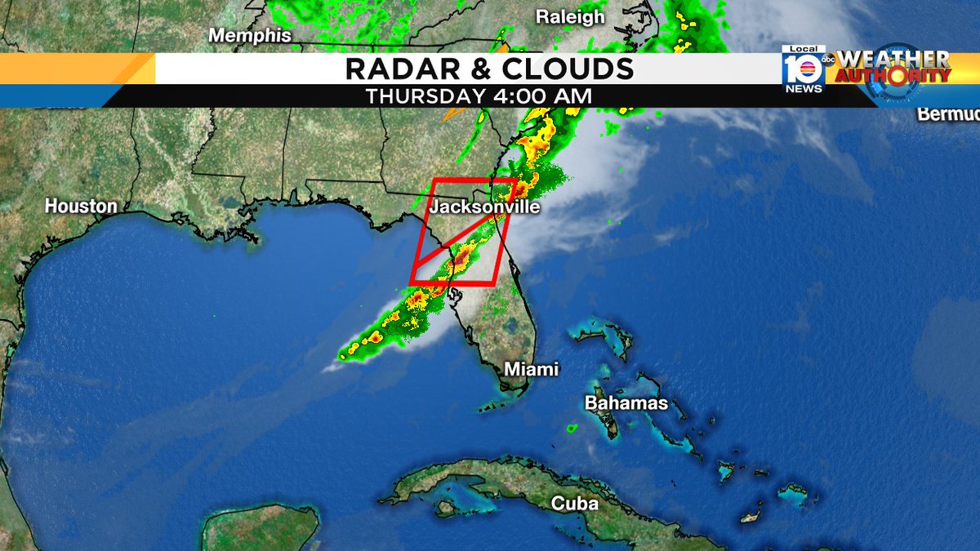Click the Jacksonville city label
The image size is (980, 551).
tap(485, 207)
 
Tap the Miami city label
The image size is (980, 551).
tap(531, 369)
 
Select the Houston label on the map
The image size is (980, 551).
tap(81, 207)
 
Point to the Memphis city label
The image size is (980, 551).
tap(250, 36)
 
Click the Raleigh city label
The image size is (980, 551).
tap(570, 17)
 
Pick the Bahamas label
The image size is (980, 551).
tap(626, 403)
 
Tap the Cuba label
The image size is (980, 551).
tap(575, 503)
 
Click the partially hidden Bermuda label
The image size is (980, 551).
tap(947, 114)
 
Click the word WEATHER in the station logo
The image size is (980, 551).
tap(893, 60)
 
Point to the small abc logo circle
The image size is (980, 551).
tap(828, 60)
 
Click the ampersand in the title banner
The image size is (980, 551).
tap(485, 69)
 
